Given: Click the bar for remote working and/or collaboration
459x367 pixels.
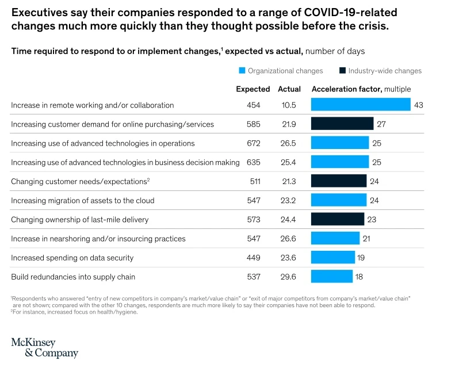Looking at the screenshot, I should point(360,105).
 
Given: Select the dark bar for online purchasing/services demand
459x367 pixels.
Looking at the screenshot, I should point(342,124).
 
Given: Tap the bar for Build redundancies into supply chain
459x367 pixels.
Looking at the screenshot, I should point(331,277).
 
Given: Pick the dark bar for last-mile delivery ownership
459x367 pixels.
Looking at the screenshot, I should point(337,219).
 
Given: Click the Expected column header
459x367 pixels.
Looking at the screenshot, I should point(253,89).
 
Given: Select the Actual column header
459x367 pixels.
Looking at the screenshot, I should point(289,89).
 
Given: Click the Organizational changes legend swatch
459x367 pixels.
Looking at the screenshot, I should point(242,71).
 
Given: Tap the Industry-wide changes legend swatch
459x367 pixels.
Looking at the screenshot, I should point(343,71).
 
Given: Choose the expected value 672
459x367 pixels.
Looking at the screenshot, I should point(253,143).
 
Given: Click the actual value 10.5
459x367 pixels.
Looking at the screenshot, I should point(289,105).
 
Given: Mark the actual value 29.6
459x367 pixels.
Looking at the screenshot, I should point(289,277).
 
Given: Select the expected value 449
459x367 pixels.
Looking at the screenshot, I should point(253,258).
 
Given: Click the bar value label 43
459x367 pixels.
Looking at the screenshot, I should point(419,105).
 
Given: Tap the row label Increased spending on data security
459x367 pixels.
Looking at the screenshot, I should point(72,258).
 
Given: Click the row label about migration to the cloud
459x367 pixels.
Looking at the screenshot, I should point(82,201).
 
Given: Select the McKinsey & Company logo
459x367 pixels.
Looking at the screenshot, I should point(44,348).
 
